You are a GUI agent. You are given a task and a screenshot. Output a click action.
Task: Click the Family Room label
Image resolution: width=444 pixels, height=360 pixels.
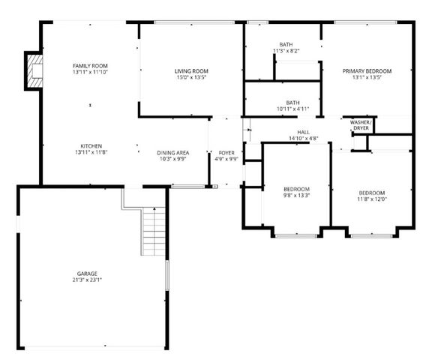pos(90,66)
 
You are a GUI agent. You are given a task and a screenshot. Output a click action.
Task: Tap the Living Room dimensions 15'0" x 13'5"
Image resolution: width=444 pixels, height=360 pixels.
pos(190,78)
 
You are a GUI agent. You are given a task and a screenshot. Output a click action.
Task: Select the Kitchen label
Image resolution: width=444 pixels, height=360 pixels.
pos(90,145)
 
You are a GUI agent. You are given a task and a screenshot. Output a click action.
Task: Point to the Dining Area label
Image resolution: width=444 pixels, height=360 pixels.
pos(172,153)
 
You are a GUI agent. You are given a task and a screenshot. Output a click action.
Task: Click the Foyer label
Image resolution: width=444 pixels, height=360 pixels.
pos(226,153)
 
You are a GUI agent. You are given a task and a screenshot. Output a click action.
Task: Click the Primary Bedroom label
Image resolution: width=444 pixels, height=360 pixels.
pos(367,71)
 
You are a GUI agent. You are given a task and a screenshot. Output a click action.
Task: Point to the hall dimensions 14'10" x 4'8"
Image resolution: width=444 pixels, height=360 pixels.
pos(292,138)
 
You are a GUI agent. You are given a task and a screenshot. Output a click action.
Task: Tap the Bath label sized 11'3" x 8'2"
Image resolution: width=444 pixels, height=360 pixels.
pos(286,44)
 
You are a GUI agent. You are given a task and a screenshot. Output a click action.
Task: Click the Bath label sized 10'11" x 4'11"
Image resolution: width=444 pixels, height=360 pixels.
pos(292,102)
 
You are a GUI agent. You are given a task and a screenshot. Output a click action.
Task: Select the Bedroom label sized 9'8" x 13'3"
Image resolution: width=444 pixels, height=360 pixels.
pos(296,188)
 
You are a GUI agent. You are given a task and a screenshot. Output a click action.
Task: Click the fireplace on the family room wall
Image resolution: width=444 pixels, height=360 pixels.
pos(34,70)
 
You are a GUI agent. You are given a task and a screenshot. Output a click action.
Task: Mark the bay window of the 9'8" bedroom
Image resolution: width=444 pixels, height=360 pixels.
pos(295,235)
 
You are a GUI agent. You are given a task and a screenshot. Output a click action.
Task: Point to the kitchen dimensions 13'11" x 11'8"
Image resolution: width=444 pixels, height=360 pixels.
pos(90,152)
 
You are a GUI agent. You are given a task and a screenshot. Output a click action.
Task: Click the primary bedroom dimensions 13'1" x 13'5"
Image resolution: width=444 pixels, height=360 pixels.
pos(367,78)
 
